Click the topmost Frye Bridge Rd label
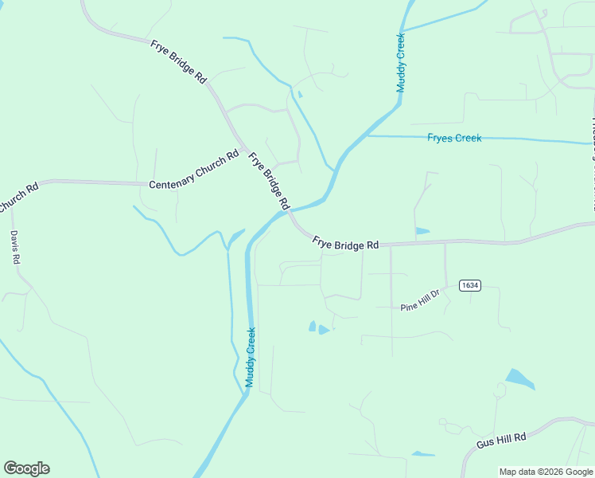[x=178, y=61]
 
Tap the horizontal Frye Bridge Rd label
[x=345, y=243]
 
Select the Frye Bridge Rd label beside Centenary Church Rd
[x=268, y=181]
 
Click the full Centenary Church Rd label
[x=193, y=170]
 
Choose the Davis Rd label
[x=15, y=248]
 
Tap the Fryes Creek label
[x=454, y=138]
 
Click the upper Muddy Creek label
[x=402, y=62]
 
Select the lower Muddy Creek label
[x=251, y=358]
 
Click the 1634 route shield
[x=469, y=284]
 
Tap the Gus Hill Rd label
[x=502, y=440]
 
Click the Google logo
[x=26, y=468]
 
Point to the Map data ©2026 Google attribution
[x=546, y=472]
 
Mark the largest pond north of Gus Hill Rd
[x=520, y=379]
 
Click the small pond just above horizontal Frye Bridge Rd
[x=422, y=231]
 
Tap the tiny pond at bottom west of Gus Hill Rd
[x=422, y=454]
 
